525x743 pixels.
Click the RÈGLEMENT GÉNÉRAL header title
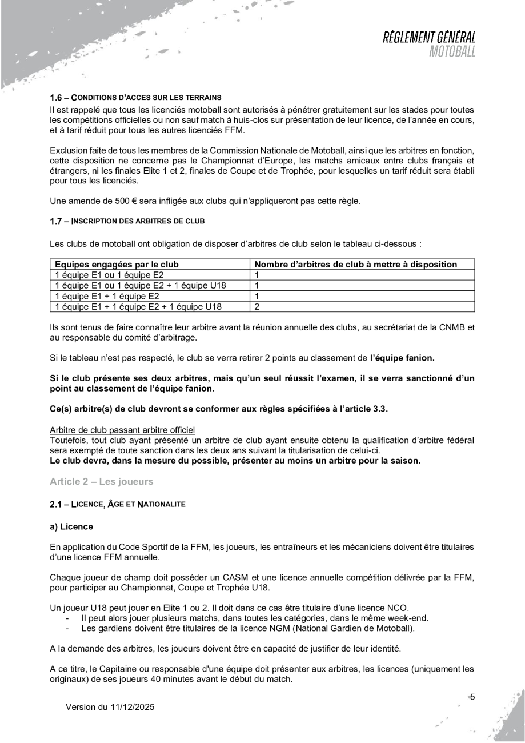point(430,38)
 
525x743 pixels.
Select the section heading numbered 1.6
point(136,97)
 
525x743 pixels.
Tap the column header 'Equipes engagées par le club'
point(116,265)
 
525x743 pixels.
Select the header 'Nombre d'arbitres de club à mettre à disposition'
point(355,265)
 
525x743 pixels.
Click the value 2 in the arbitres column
point(257,307)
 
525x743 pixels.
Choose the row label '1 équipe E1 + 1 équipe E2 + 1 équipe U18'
point(138,307)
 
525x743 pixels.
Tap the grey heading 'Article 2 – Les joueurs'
point(102,481)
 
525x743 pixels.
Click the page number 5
point(472,696)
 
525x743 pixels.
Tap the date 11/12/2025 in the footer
point(130,707)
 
